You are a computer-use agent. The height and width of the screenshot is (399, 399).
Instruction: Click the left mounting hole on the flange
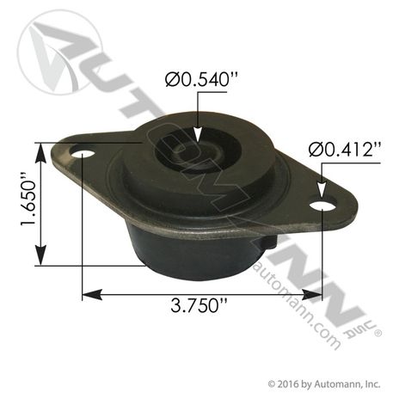coord(83,156)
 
